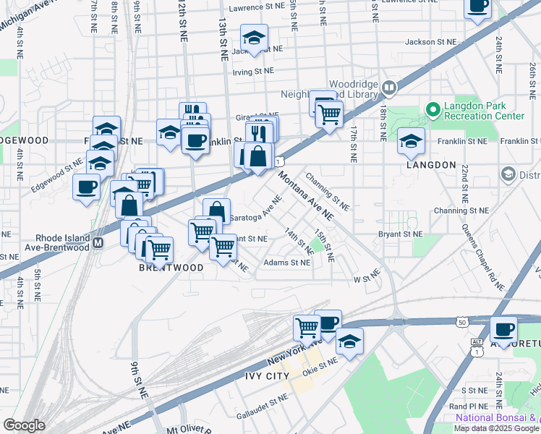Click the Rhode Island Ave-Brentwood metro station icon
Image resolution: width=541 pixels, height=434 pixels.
click(98, 244)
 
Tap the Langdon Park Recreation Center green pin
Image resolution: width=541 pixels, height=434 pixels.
click(433, 111)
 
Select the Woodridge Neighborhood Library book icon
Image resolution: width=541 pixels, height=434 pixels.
click(389, 88)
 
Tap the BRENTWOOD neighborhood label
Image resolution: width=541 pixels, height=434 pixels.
click(171, 268)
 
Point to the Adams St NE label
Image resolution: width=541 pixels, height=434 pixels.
click(287, 263)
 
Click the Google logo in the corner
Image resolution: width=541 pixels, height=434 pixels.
click(24, 425)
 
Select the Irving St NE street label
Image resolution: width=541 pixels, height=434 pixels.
click(253, 71)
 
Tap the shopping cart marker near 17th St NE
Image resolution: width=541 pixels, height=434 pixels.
click(329, 113)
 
